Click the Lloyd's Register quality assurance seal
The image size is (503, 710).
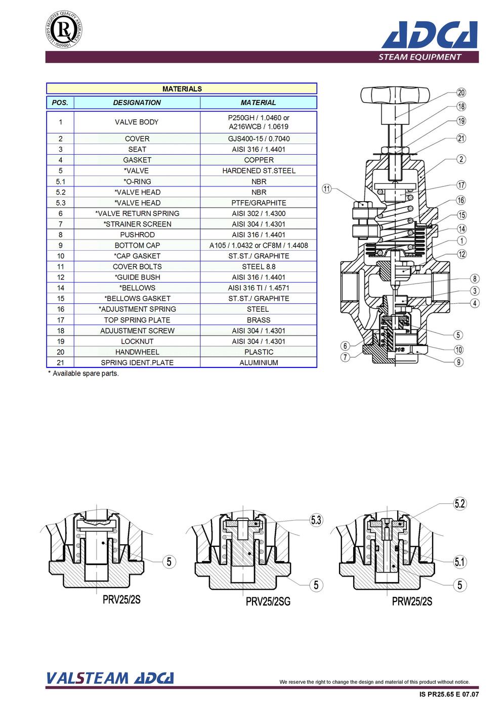[64, 29]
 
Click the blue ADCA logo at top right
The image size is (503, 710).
[430, 34]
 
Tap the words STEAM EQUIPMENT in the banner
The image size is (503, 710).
[419, 57]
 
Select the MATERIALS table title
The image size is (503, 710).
[182, 89]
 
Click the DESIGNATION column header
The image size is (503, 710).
[137, 103]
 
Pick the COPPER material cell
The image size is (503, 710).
[259, 160]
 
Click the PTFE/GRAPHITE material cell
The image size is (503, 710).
[259, 203]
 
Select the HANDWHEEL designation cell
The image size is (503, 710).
[137, 352]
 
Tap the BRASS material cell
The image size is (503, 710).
[259, 320]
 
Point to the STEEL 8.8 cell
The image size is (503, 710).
[259, 267]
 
